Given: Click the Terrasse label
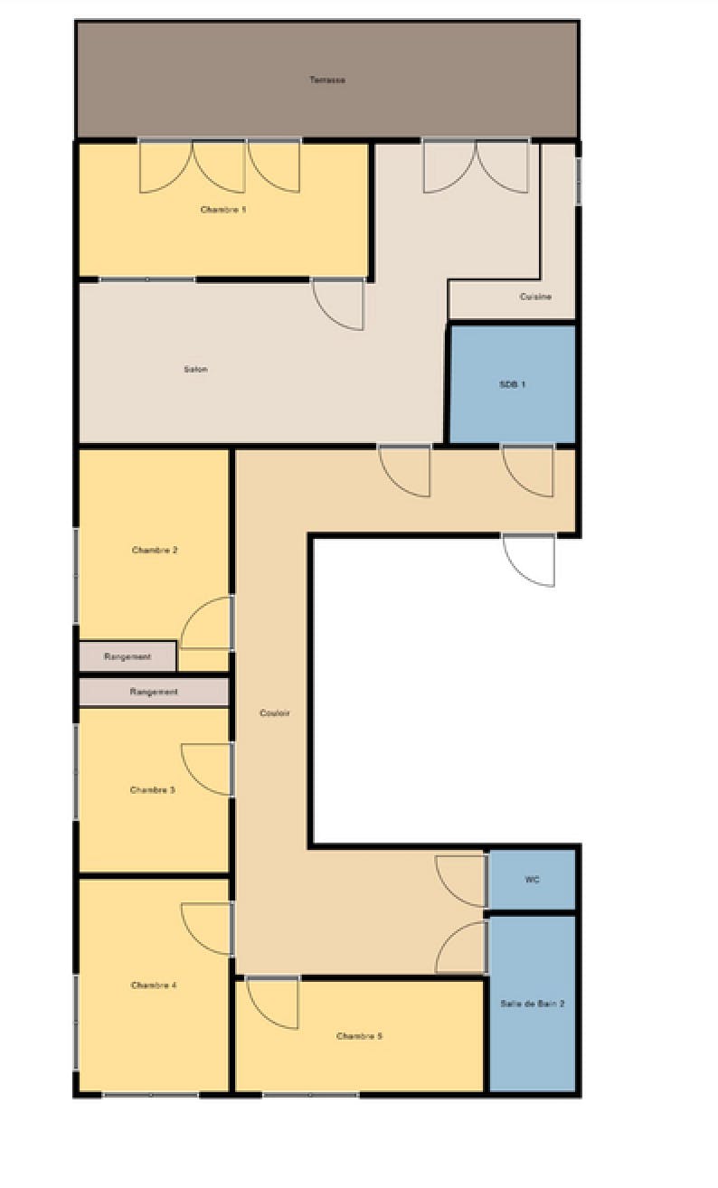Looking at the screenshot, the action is (x=327, y=80).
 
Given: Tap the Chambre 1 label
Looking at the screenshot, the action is (x=223, y=210).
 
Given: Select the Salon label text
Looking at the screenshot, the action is (x=195, y=369).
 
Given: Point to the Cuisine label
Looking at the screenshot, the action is (x=535, y=297).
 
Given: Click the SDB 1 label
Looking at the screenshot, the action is (x=512, y=384).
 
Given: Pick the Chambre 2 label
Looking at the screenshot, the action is (x=155, y=550).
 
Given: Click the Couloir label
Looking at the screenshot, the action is (x=275, y=712).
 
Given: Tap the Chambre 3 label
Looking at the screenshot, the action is (x=153, y=789).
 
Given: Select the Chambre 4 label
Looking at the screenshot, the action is (x=154, y=985).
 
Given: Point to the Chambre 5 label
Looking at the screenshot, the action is (x=360, y=1036).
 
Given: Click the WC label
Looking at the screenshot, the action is (x=533, y=880).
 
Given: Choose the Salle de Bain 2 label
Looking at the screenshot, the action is (x=533, y=1004).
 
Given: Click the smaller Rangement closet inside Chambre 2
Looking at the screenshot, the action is (x=128, y=656).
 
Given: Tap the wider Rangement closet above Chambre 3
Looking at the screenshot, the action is (x=154, y=692).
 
